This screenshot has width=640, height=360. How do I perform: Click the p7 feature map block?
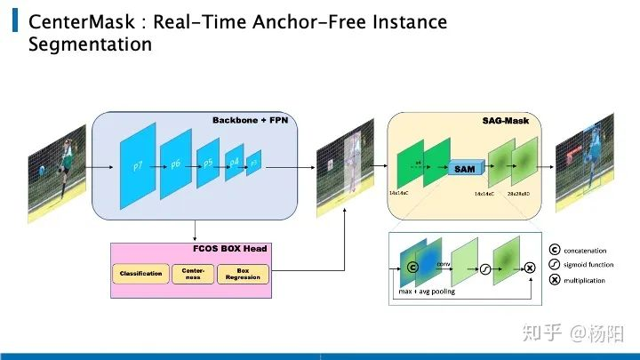pos(138,166)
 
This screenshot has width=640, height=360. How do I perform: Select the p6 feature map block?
pos(175,164)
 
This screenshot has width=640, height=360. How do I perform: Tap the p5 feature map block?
pos(207,164)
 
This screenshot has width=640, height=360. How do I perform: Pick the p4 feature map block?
pos(234,163)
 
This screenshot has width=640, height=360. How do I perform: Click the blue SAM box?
pos(464,168)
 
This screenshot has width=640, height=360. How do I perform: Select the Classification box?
pos(140,274)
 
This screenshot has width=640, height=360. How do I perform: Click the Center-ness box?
pos(193,274)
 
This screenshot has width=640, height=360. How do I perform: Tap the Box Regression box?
pos(243,274)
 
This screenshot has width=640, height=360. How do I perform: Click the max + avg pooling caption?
pos(425,291)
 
